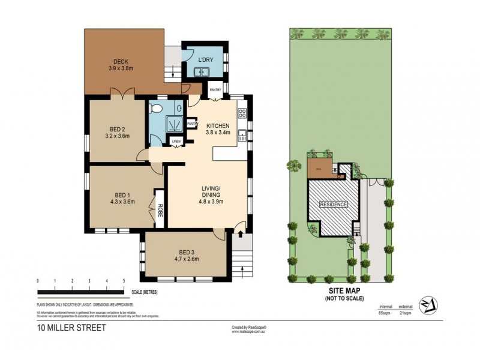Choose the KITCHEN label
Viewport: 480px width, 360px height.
click(218, 125)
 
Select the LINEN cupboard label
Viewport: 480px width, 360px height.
click(176, 142)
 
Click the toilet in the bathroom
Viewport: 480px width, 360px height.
click(157, 108)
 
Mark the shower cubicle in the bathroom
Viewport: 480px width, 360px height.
click(175, 124)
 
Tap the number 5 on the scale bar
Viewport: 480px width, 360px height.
click(124, 281)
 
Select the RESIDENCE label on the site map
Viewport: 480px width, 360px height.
click(333, 205)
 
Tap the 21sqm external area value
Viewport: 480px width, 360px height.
click(405, 313)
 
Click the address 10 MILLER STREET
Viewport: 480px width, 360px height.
click(65, 328)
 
